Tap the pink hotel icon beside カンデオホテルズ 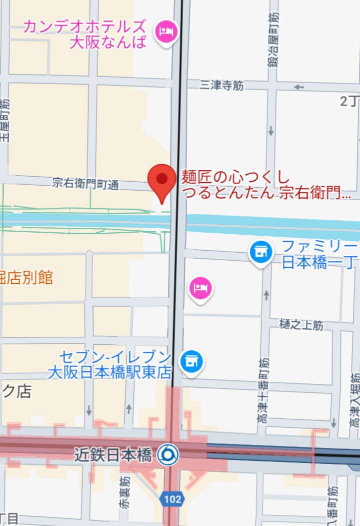click(x=167, y=32)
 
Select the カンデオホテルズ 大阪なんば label click(x=85, y=34)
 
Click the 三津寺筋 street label click(x=221, y=86)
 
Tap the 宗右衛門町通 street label click(x=85, y=184)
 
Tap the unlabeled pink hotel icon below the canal click(x=200, y=289)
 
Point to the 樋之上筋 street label click(x=302, y=325)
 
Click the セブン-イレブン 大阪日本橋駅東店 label click(x=110, y=364)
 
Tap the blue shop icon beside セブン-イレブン click(x=191, y=361)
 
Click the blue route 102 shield click(x=171, y=498)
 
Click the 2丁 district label click(x=349, y=101)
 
